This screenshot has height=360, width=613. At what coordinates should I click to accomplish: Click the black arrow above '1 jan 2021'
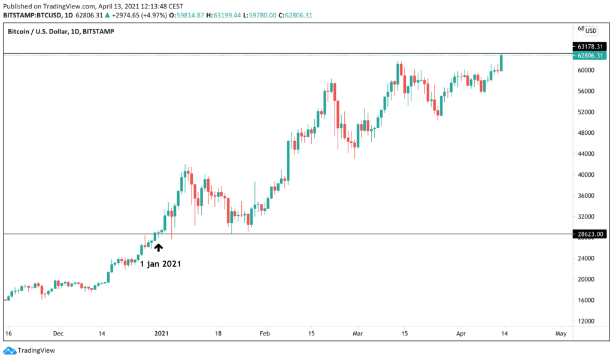[158, 246]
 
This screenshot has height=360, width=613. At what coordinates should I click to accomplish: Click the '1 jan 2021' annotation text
[160, 263]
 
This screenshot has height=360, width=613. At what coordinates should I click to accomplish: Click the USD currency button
[590, 31]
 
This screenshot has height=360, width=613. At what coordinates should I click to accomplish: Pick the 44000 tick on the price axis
[585, 154]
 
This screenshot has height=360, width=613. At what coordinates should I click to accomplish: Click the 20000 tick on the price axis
[585, 279]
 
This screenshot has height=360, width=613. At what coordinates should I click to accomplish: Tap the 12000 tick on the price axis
[585, 321]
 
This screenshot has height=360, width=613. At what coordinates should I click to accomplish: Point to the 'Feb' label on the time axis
[264, 333]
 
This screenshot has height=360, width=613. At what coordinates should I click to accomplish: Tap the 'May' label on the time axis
[560, 333]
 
